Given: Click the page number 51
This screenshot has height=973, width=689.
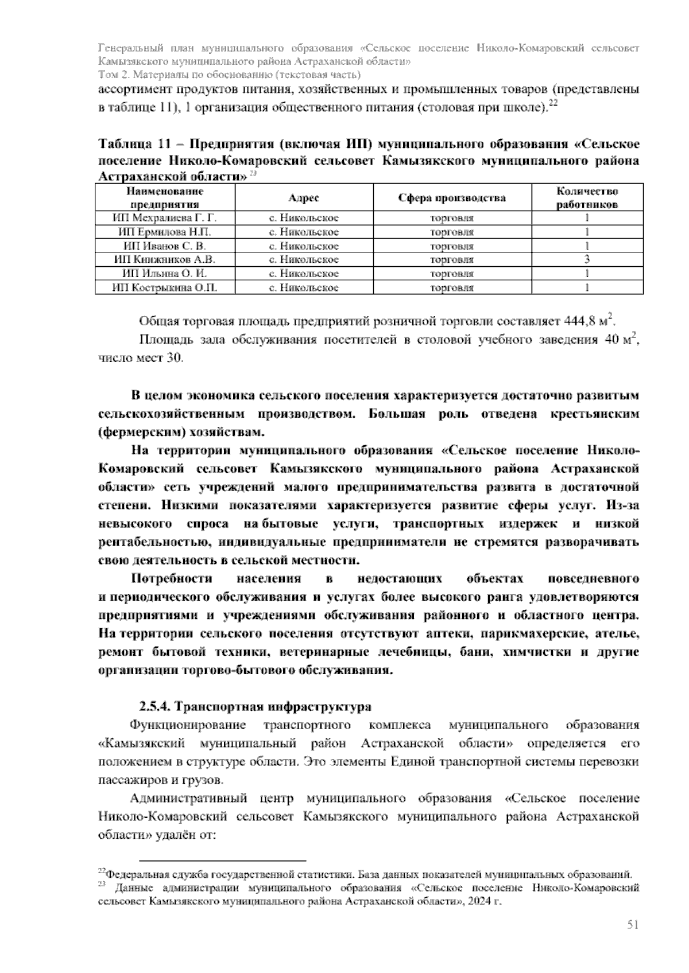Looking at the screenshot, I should pos(633,924).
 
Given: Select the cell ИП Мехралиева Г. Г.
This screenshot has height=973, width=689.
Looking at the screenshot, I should pos(165,218).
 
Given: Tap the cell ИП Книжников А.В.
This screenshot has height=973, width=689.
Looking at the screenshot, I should pos(165,259).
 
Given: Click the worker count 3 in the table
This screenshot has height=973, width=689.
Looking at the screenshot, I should pos(587,259).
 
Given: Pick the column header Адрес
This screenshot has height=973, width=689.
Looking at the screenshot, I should pos(303,198).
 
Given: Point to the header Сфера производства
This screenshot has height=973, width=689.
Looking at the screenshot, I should pos(452,198).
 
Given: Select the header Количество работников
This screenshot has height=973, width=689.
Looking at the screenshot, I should pos(587,198).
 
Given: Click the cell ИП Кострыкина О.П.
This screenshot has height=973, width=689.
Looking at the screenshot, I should pos(165,287).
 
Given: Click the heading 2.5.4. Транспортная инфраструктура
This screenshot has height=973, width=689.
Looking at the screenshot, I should pos(256,706).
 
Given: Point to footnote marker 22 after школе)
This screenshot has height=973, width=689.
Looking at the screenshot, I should pos(553,104).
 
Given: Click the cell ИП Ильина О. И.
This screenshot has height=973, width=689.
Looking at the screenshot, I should pos(165,274).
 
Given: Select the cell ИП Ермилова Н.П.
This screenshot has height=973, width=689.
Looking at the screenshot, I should pos(165,232).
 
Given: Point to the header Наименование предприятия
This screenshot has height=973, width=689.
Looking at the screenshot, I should pos(165,198).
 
